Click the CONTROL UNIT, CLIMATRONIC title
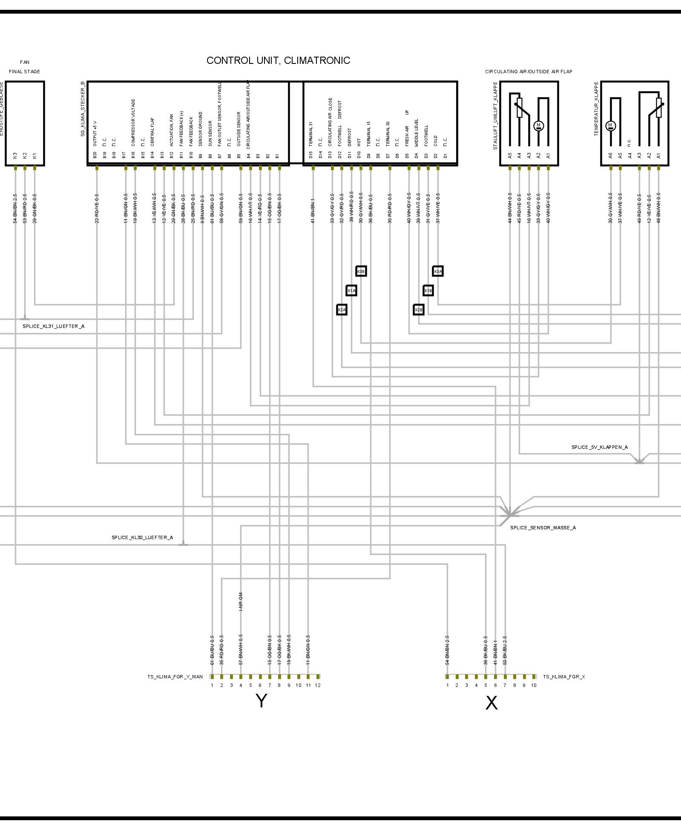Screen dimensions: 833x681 [278, 60]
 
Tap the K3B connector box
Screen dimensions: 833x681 [361, 271]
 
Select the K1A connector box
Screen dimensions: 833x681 [351, 290]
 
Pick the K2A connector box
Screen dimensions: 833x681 [342, 310]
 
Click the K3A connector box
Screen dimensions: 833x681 [438, 271]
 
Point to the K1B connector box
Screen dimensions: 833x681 [428, 290]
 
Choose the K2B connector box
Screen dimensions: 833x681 [419, 310]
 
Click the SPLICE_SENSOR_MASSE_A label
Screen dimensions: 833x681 [543, 528]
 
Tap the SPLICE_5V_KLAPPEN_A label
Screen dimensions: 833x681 [599, 447]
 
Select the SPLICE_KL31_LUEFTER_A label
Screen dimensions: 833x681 [53, 326]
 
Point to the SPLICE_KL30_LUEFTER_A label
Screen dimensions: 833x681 [142, 537]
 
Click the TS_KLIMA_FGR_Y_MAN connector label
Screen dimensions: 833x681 [175, 677]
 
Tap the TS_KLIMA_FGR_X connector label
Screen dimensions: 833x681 [563, 677]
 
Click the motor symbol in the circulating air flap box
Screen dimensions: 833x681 [538, 126]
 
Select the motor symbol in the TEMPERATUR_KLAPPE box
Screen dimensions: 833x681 [610, 126]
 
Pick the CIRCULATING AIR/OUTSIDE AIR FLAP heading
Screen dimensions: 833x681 [529, 72]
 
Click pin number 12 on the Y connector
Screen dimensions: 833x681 [318, 685]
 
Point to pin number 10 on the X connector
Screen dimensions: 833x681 [534, 685]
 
